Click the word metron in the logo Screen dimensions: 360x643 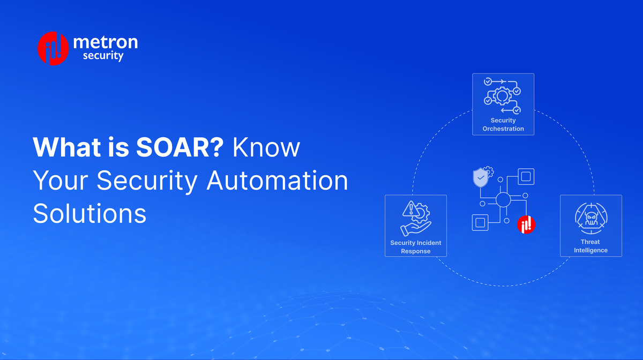(105, 42)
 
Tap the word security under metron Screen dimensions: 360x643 (103, 56)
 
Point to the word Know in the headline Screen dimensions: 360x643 (266, 147)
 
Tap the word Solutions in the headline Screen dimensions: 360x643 (89, 214)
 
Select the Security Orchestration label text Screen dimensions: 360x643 (503, 125)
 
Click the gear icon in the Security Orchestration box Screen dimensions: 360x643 (503, 97)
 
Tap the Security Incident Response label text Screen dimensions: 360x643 (416, 247)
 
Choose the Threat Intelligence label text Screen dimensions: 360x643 (590, 246)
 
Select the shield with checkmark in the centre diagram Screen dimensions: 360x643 (480, 177)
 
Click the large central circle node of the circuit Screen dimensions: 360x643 (503, 200)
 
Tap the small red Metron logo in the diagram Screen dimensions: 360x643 (526, 225)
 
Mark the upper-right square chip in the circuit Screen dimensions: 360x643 (526, 176)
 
